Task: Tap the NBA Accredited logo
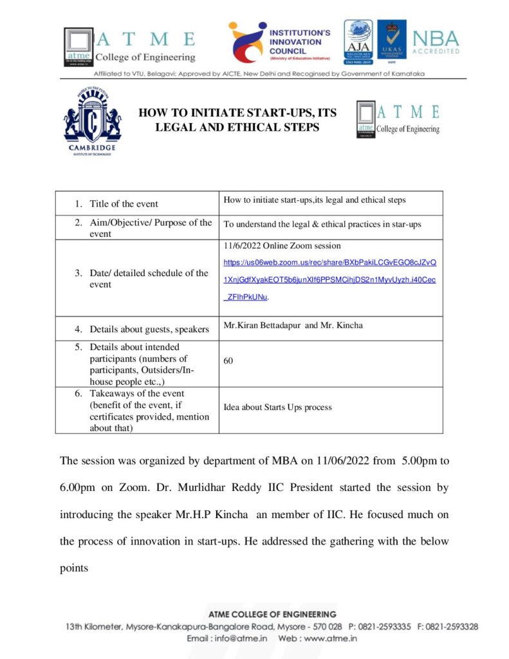tap(436, 42)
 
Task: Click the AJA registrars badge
tap(357, 42)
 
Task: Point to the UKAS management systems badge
tap(391, 42)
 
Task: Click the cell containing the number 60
tap(228, 361)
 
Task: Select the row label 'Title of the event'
tap(124, 204)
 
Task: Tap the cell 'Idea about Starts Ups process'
tap(277, 407)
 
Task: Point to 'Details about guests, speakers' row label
tap(149, 329)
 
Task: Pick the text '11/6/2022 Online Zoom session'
tap(282, 246)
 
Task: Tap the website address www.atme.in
tap(330, 639)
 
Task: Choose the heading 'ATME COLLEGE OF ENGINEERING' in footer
tap(272, 615)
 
